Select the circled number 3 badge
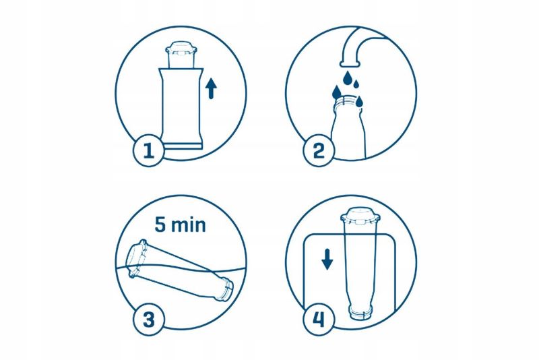149,320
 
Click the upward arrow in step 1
211,88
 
